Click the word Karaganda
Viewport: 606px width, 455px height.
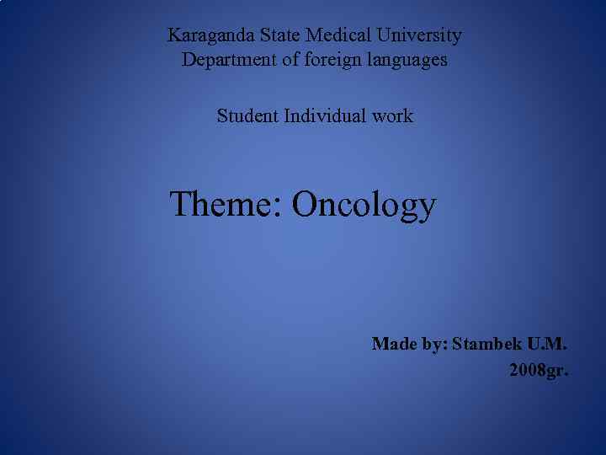[x=203, y=36]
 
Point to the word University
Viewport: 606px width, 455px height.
[x=419, y=36]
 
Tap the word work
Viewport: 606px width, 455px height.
[x=392, y=116]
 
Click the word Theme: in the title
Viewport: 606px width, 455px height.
[x=226, y=204]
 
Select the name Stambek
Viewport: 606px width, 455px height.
[x=486, y=344]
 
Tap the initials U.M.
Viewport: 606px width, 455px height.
[x=548, y=344]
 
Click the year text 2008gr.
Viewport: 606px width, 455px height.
[x=539, y=370]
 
